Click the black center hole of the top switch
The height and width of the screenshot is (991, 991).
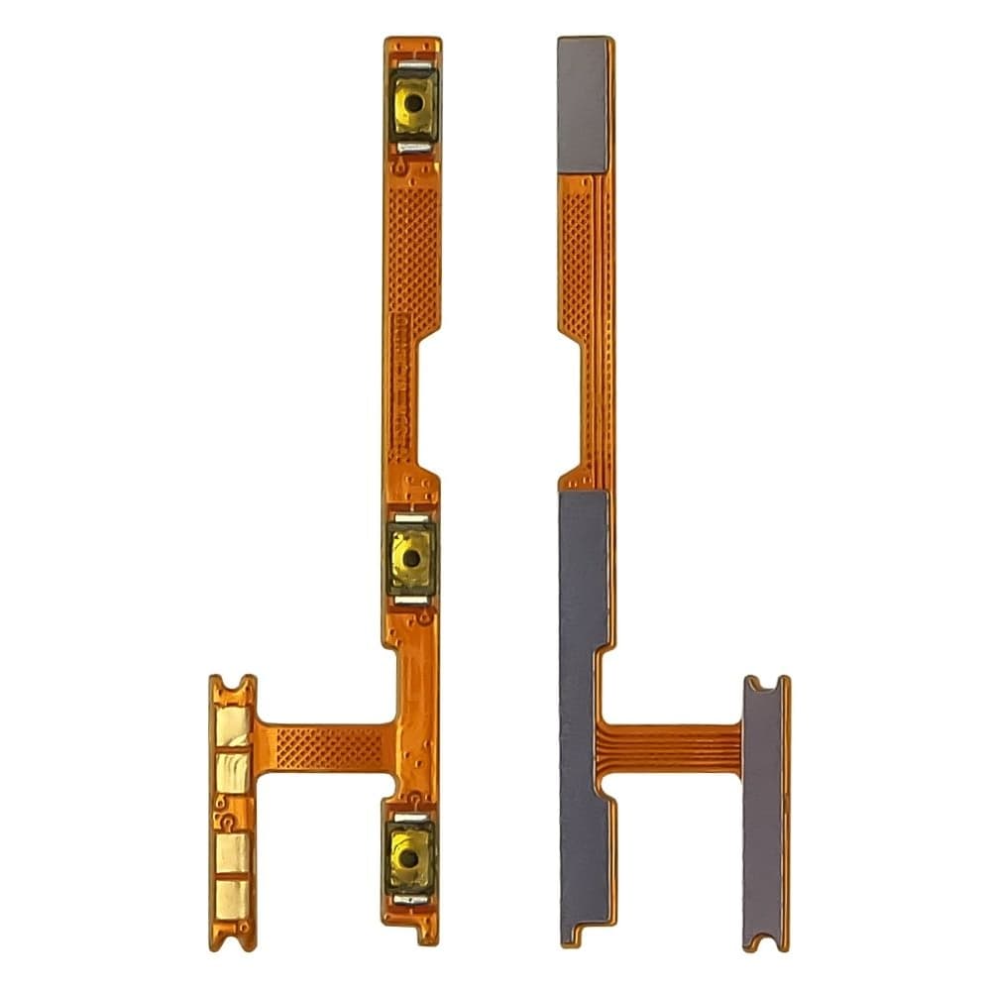tap(413, 102)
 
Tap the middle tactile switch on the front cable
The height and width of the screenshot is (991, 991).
tap(412, 558)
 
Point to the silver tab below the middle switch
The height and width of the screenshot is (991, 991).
tap(412, 601)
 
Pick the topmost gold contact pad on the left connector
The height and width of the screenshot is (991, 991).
tap(233, 725)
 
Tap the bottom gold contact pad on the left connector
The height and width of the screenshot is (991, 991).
tap(233, 898)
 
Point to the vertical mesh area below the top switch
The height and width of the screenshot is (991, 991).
tap(412, 258)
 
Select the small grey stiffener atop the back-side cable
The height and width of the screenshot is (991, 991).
tap(583, 104)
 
